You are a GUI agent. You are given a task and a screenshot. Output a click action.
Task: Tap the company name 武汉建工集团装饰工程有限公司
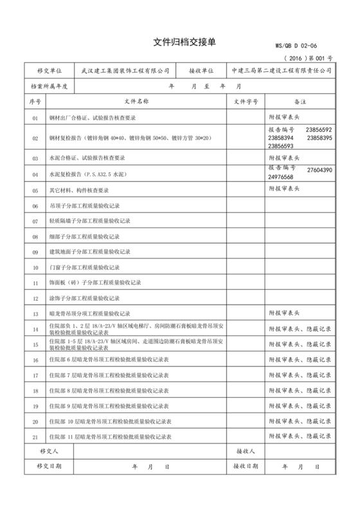point(126,70)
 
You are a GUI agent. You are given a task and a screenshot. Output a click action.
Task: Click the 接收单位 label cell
point(201,70)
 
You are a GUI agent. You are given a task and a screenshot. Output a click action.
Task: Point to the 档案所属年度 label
point(49,85)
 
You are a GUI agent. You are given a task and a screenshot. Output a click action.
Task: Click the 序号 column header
point(35,102)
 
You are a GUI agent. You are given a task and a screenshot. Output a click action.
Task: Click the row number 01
point(35,119)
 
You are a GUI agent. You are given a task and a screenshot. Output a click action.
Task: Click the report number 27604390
point(319,170)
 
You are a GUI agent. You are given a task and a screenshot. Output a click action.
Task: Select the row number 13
point(35,314)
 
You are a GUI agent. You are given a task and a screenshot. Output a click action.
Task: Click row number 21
point(35,437)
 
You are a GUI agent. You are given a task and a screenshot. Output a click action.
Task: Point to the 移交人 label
point(49,452)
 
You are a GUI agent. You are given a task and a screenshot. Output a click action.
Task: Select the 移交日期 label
point(49,467)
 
